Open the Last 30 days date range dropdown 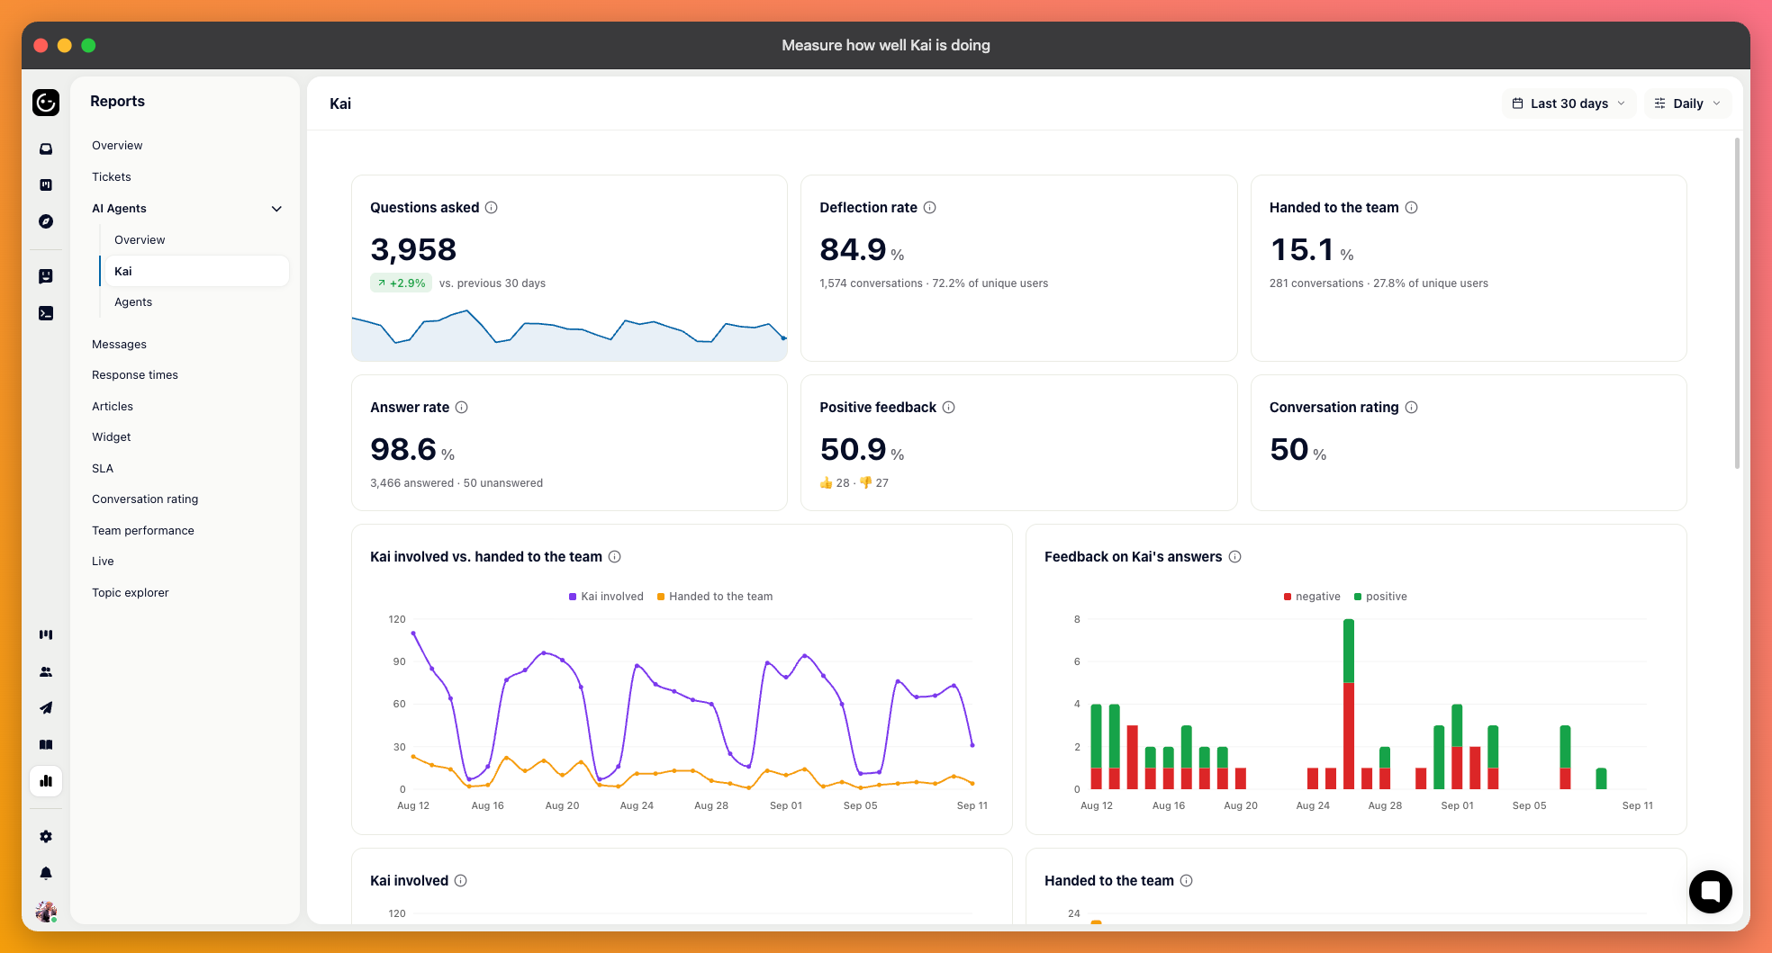(x=1569, y=103)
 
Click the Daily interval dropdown (x=1687, y=103)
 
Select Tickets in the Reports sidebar (x=112, y=176)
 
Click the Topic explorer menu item (x=131, y=592)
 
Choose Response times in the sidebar (x=135, y=374)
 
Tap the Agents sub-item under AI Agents (x=133, y=301)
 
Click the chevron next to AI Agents (x=276, y=209)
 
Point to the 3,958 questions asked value (x=413, y=249)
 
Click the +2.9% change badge (x=401, y=283)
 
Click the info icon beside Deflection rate (x=930, y=207)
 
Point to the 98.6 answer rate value (x=403, y=449)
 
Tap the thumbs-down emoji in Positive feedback (x=865, y=482)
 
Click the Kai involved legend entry (x=606, y=596)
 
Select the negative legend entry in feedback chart (x=1312, y=596)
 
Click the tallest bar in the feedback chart (x=1348, y=704)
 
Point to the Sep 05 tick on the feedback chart (x=1529, y=805)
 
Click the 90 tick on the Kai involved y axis (x=399, y=661)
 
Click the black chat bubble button (x=1710, y=892)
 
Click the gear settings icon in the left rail (x=46, y=836)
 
